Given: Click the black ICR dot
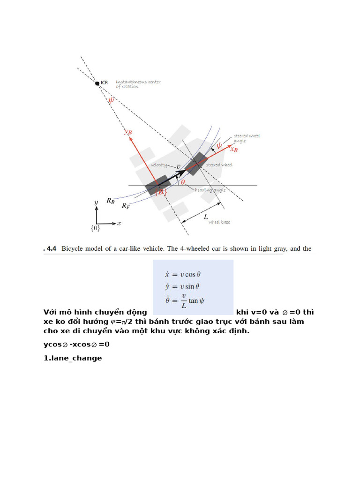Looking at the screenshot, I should point(97,83).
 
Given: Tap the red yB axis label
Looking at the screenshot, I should point(127,132).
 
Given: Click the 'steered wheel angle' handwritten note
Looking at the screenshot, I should point(247,138).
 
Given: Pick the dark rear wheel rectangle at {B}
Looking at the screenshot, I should point(157,185).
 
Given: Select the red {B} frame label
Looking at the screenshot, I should point(161,192).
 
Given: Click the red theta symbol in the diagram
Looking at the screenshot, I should point(183,182).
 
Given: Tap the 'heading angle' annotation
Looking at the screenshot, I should point(210,190).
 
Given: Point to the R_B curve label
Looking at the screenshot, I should point(110,201).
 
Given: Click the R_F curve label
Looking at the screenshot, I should point(126,206).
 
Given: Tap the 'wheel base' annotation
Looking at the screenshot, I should point(219,222).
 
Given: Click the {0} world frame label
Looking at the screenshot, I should point(95,228).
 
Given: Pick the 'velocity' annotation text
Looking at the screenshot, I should point(160,165).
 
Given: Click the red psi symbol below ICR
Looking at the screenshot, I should point(111,99).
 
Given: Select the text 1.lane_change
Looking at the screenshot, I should point(73,358).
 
